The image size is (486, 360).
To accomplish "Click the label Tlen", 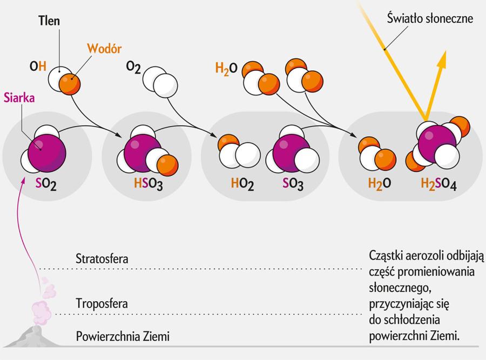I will pyautogui.click(x=49, y=21).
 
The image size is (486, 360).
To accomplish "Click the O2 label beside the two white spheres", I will pyautogui.click(x=133, y=66).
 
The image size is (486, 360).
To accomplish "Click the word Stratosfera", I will pyautogui.click(x=102, y=258).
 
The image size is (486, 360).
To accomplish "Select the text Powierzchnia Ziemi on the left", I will pyautogui.click(x=123, y=336).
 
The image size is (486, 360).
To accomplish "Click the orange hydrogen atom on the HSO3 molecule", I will pyautogui.click(x=167, y=162).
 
